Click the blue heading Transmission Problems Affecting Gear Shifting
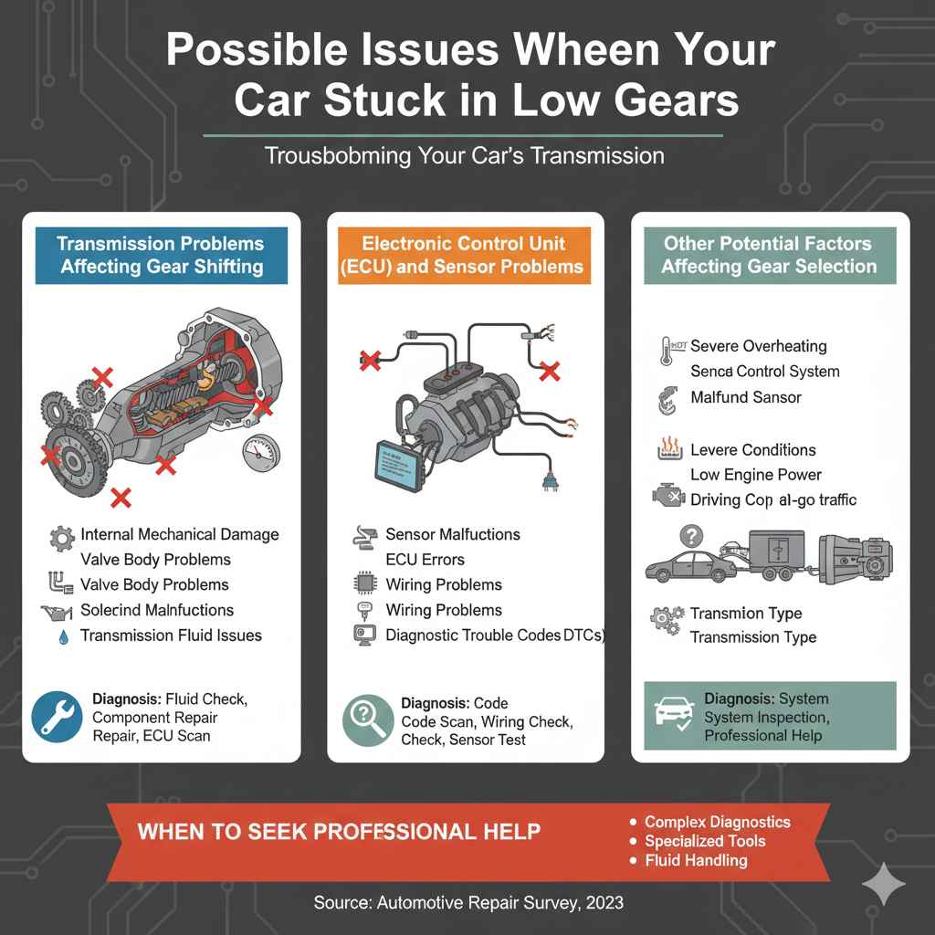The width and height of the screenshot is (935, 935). click(160, 255)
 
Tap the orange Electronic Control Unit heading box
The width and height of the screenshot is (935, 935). click(465, 255)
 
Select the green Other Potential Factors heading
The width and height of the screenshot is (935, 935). click(769, 255)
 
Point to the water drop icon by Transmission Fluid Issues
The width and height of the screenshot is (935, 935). click(61, 636)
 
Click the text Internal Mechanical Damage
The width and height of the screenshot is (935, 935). click(180, 534)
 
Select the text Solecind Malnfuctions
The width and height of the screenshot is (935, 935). click(157, 610)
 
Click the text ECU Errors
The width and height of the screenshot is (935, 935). click(425, 560)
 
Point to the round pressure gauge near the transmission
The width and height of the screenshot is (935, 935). click(261, 453)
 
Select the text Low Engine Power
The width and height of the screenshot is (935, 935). click(755, 475)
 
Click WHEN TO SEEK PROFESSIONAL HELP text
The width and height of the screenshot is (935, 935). click(338, 832)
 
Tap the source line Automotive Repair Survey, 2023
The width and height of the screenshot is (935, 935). click(467, 902)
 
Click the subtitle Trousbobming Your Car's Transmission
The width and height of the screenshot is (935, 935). click(464, 156)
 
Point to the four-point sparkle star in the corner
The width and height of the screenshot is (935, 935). click(884, 884)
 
